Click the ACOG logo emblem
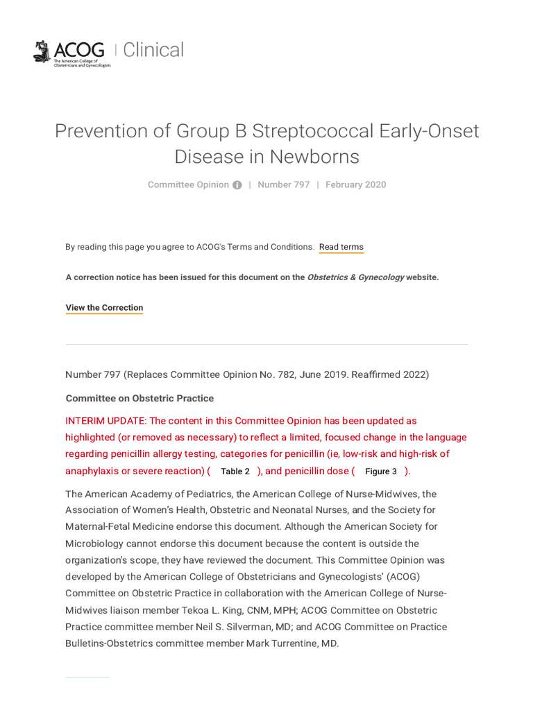[42, 51]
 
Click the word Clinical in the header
[153, 50]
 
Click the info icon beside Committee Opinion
[237, 185]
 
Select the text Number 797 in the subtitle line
[283, 184]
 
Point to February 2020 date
[355, 184]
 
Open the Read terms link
[341, 247]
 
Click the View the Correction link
[104, 308]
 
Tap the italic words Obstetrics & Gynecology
[355, 277]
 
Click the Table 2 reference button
[235, 471]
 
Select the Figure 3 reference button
[380, 471]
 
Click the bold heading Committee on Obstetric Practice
[139, 399]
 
